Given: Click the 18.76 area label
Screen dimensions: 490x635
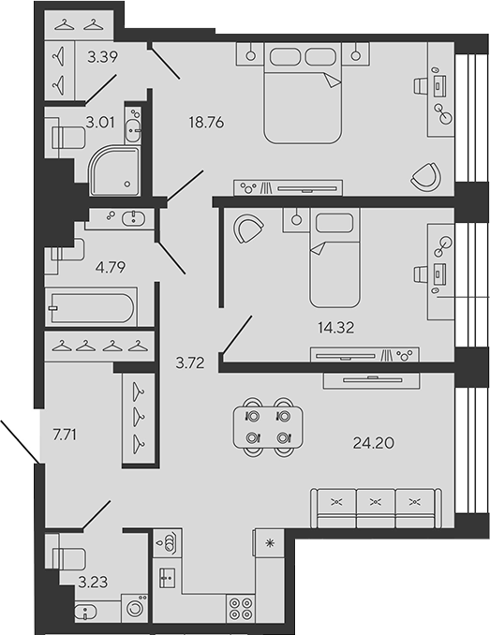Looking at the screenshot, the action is pyautogui.click(x=206, y=123).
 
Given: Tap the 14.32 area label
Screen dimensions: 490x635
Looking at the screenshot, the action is pyautogui.click(x=335, y=327).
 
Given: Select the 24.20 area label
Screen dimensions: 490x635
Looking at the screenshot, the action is pyautogui.click(x=374, y=443).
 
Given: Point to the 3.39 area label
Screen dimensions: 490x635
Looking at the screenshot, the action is pyautogui.click(x=103, y=57).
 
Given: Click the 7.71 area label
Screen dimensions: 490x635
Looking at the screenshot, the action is pyautogui.click(x=65, y=435).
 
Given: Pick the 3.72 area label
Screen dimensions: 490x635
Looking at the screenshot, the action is pyautogui.click(x=190, y=362).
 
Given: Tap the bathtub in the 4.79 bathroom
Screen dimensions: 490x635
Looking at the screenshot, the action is pyautogui.click(x=92, y=307).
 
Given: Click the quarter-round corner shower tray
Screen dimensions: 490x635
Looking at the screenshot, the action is pyautogui.click(x=114, y=170).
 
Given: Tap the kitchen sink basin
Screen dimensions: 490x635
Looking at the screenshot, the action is pyautogui.click(x=167, y=577).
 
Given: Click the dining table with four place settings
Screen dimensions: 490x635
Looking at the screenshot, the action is pyautogui.click(x=268, y=427).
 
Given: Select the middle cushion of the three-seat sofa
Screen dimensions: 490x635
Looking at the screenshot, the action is pyautogui.click(x=376, y=509).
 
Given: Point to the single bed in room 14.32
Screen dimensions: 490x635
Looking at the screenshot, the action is pyautogui.click(x=334, y=258).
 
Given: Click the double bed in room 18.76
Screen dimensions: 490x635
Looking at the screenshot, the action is pyautogui.click(x=303, y=93).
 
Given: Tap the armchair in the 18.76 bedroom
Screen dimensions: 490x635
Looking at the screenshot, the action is pyautogui.click(x=426, y=177).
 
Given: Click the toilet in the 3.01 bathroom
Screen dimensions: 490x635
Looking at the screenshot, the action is pyautogui.click(x=68, y=138).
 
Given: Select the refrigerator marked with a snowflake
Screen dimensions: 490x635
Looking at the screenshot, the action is pyautogui.click(x=269, y=543).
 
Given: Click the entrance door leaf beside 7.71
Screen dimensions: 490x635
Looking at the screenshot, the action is pyautogui.click(x=20, y=441).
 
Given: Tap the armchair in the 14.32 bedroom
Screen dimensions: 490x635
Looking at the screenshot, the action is pyautogui.click(x=248, y=228).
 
